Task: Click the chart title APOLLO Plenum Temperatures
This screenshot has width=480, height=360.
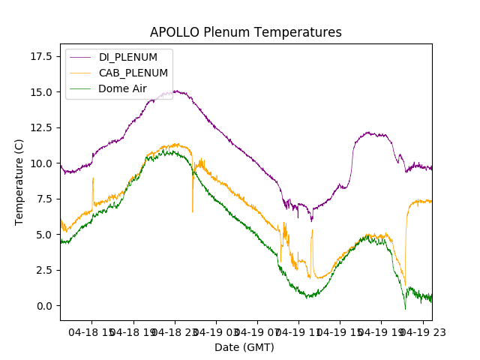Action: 245,32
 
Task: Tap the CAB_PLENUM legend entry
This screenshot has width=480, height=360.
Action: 133,73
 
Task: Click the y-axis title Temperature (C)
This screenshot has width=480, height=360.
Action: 19,182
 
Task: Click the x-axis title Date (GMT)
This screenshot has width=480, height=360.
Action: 244,347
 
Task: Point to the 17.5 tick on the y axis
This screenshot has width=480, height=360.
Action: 44,56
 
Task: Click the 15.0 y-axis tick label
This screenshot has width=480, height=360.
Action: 44,92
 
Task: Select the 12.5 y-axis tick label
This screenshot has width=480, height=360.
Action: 44,127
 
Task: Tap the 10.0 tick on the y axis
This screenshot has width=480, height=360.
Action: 44,163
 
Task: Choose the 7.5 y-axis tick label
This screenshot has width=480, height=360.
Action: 46,199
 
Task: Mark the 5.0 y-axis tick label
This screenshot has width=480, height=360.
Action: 46,235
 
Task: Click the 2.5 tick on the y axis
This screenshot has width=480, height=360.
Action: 46,270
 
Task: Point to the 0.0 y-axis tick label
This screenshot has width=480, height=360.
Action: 46,306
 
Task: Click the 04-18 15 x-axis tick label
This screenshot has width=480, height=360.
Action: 92,331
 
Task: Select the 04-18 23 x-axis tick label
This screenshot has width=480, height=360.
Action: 175,331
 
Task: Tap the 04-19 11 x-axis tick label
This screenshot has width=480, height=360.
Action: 298,331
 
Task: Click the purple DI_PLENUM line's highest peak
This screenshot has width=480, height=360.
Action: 177,91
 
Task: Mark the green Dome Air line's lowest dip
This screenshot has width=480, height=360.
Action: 405,309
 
